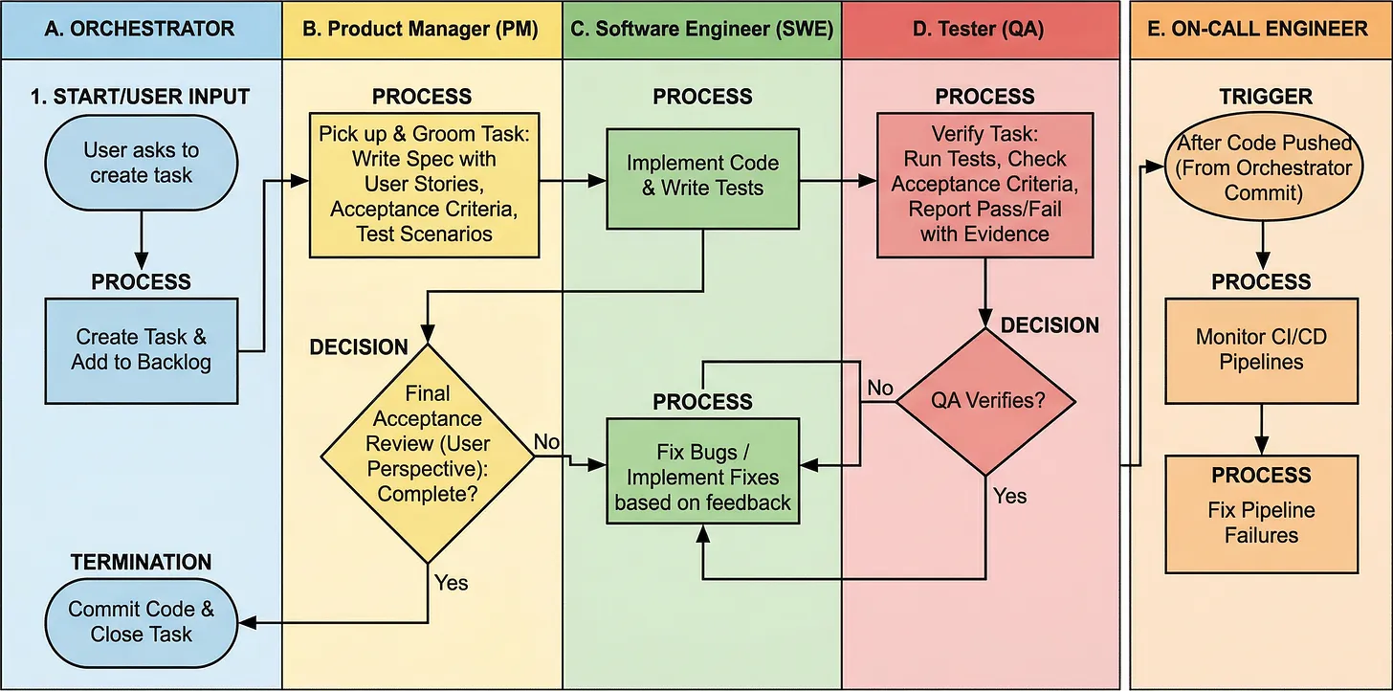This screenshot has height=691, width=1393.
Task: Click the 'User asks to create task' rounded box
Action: tap(141, 163)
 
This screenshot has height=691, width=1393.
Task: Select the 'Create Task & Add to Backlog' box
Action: tap(141, 350)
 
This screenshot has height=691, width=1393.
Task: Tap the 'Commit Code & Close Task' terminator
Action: tap(141, 622)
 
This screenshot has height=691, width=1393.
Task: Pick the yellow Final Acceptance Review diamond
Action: tap(427, 444)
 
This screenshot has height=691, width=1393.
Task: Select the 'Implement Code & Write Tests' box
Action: tap(702, 175)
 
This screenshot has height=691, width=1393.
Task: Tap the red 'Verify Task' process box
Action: tap(984, 185)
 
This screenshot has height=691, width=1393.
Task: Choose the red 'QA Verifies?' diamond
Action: tap(984, 402)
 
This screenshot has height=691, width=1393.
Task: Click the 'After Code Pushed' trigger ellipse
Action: tap(1264, 167)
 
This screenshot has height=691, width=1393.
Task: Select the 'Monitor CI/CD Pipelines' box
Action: tap(1261, 350)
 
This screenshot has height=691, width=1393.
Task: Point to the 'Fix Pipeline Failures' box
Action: tap(1261, 512)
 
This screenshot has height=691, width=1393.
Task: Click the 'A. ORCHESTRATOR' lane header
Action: tap(141, 29)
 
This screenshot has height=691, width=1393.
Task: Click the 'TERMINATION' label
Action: tap(141, 562)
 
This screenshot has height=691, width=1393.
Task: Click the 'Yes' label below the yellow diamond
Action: tap(452, 581)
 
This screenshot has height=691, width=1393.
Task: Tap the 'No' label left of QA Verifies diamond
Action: tap(879, 388)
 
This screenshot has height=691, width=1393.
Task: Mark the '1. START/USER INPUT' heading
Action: tap(141, 97)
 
